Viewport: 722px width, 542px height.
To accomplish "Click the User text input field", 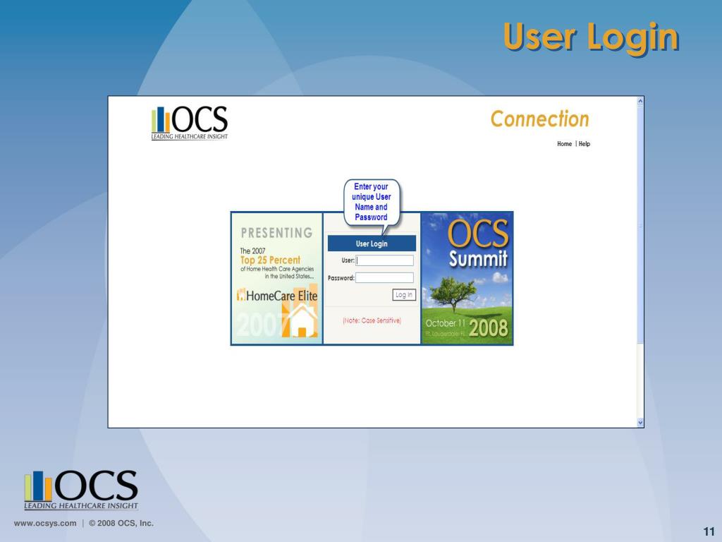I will tap(385, 260).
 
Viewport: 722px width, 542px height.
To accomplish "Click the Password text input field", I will tap(384, 278).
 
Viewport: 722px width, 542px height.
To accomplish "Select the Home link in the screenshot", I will tap(564, 144).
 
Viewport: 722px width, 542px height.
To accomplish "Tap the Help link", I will tap(585, 144).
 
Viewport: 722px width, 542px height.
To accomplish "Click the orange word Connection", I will tap(539, 119).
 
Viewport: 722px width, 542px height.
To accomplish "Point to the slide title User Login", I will tap(591, 37).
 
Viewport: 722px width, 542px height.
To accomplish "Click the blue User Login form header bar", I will tap(372, 243).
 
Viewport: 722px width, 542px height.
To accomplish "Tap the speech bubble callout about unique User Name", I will tap(372, 202).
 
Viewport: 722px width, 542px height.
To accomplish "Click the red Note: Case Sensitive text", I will tap(372, 320).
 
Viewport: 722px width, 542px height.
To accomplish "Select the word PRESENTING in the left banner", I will tap(276, 233).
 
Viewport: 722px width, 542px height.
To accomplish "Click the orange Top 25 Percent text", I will tap(270, 260).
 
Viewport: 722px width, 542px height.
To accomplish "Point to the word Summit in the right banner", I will tap(478, 259).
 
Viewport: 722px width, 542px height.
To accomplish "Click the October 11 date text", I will tap(446, 323).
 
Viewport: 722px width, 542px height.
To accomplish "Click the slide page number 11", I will tap(709, 532).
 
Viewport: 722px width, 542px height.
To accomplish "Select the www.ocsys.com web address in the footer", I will tap(45, 523).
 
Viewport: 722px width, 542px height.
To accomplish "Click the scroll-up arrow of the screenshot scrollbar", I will tap(640, 101).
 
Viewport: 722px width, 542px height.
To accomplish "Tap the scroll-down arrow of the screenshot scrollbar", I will tap(640, 422).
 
